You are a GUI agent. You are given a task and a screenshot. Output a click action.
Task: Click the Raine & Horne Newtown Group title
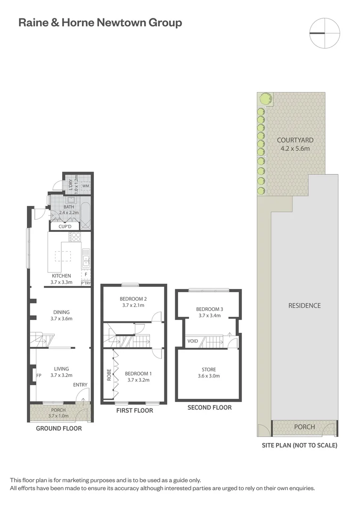100,22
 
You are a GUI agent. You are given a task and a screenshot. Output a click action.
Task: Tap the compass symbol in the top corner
324,33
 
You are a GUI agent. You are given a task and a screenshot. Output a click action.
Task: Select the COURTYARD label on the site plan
295,140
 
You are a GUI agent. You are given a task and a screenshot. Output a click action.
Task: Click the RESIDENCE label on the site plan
304,305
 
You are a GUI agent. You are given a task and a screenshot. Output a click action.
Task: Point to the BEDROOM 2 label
133,299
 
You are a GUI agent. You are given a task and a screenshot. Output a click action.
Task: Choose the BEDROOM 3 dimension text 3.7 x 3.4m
209,316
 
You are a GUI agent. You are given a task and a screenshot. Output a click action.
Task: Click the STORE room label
209,369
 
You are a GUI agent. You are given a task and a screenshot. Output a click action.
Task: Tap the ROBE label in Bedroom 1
109,375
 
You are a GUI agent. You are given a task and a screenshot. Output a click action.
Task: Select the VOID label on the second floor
192,341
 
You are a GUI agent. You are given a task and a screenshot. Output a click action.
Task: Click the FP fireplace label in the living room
39,376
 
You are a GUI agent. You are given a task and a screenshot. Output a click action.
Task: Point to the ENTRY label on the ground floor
80,385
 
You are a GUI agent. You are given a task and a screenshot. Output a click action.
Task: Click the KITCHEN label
61,276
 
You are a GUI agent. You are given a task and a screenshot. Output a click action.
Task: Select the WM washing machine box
85,186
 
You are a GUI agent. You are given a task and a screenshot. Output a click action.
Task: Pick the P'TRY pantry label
86,283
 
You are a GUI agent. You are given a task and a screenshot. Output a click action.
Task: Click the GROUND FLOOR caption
59,428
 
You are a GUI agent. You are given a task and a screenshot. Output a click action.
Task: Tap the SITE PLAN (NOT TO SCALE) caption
300,445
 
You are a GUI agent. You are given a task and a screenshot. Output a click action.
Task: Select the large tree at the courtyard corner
265,99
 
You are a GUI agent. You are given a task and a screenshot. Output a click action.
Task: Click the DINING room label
61,312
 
